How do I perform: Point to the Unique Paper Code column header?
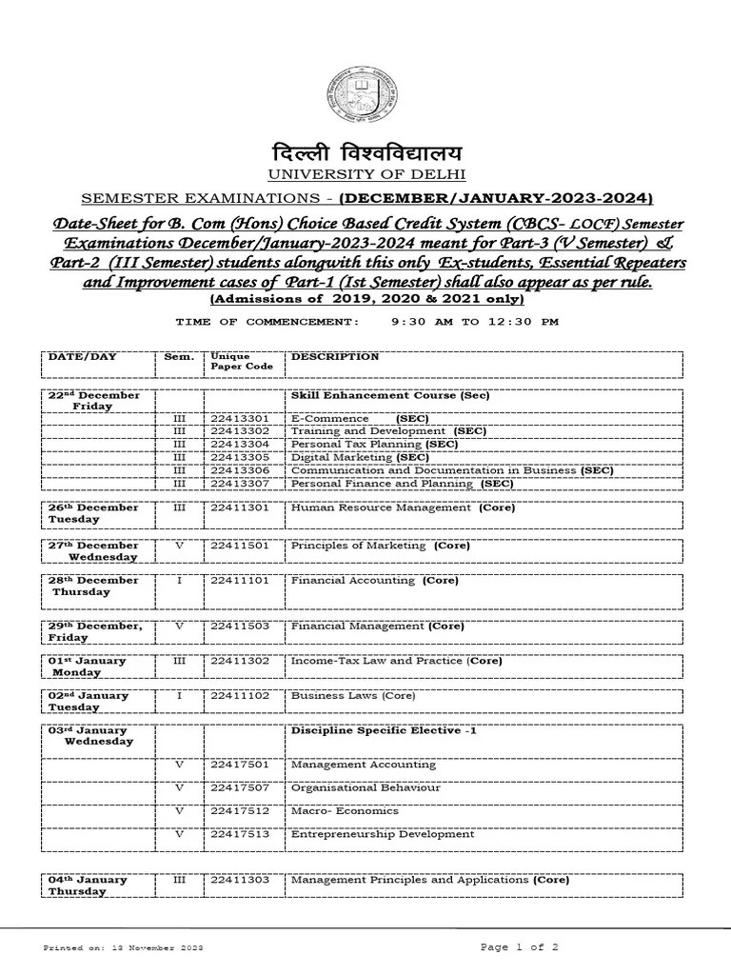[x=242, y=362]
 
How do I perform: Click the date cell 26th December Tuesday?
[x=93, y=513]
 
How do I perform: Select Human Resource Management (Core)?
[x=403, y=507]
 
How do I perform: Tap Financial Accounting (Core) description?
[x=374, y=580]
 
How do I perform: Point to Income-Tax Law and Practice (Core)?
[x=396, y=661]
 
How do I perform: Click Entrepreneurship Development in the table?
[x=382, y=834]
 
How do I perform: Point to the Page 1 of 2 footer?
[x=519, y=947]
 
